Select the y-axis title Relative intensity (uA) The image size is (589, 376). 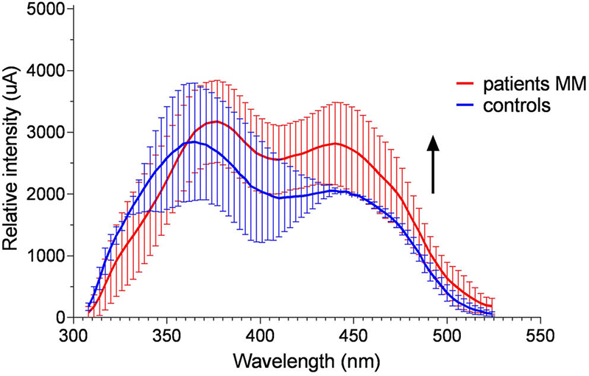point(13,164)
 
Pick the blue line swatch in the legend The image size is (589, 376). point(465,105)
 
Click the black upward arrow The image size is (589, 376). point(434,164)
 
